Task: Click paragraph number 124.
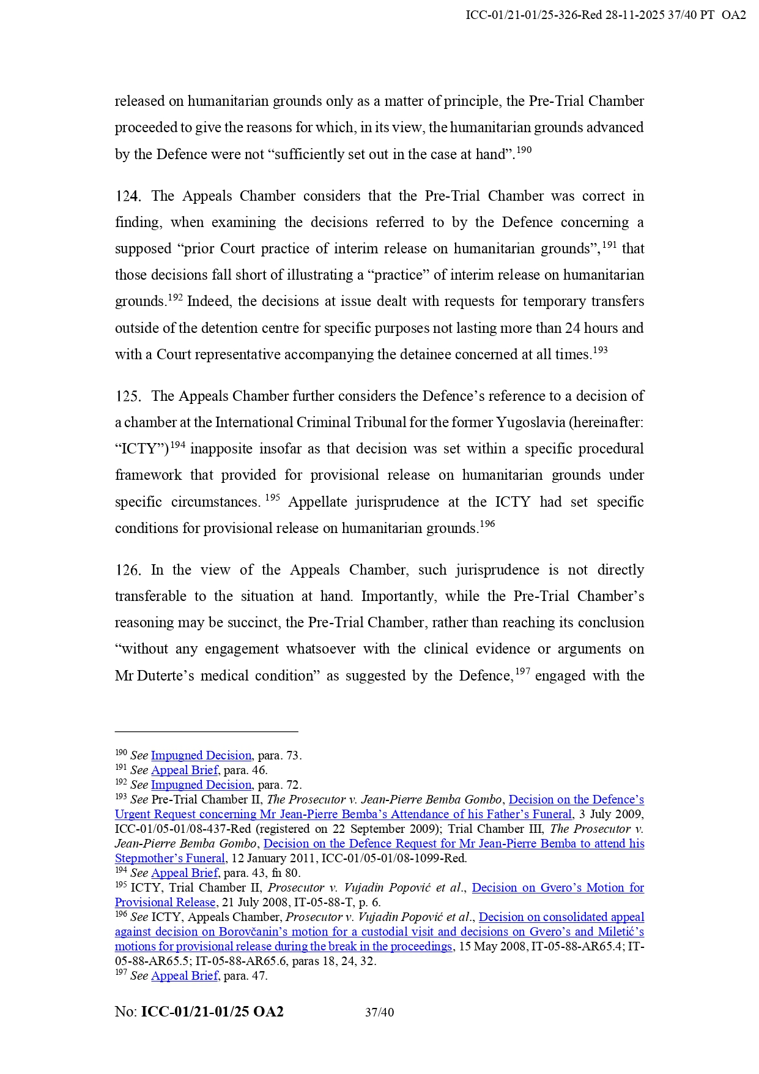[128, 196]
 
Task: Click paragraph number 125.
[128, 397]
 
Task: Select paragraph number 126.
[128, 570]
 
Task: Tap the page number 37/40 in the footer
[379, 1012]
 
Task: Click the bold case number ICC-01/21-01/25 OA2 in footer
[212, 1012]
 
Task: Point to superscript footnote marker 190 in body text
[524, 150]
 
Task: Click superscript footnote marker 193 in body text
[600, 350]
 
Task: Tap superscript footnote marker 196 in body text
[487, 524]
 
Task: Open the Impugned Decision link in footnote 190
[201, 756]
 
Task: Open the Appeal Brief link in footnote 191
[184, 770]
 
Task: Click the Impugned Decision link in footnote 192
[201, 785]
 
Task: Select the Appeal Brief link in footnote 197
[184, 976]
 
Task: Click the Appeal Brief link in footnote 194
[184, 873]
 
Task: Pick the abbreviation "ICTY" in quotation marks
[141, 449]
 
